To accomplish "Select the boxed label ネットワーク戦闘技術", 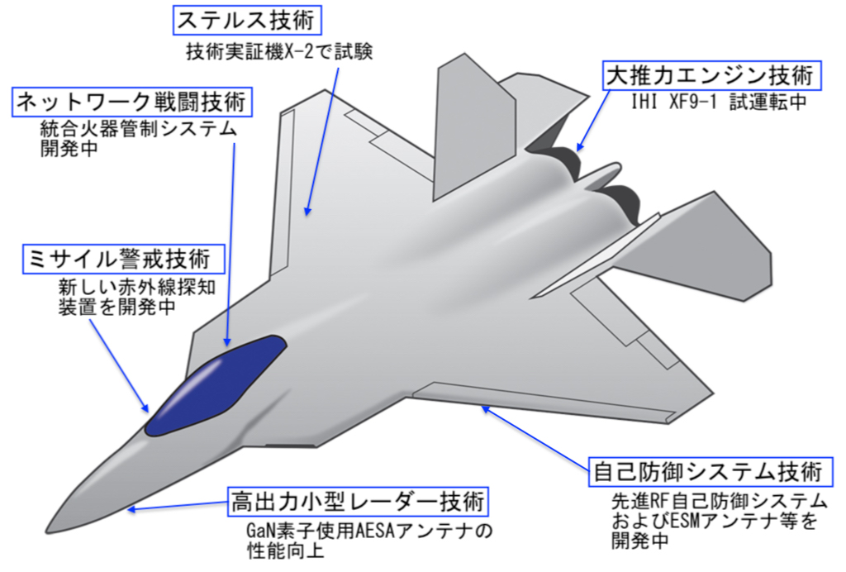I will tap(131, 103).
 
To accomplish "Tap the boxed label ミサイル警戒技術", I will tap(124, 259).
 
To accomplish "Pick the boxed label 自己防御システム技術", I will tap(708, 473).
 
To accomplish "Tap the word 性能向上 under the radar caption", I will tap(281, 549).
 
